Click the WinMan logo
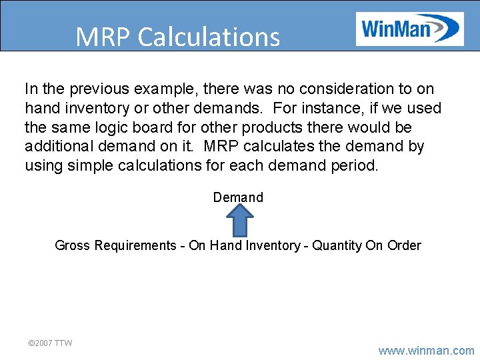point(409,29)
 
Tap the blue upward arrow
point(239,220)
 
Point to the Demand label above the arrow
point(238,197)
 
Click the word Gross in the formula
point(72,245)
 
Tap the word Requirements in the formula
point(135,245)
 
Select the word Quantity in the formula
point(337,245)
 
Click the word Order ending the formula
point(403,245)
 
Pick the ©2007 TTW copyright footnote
point(50,343)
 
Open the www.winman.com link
point(426,350)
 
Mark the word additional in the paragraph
point(57,146)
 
